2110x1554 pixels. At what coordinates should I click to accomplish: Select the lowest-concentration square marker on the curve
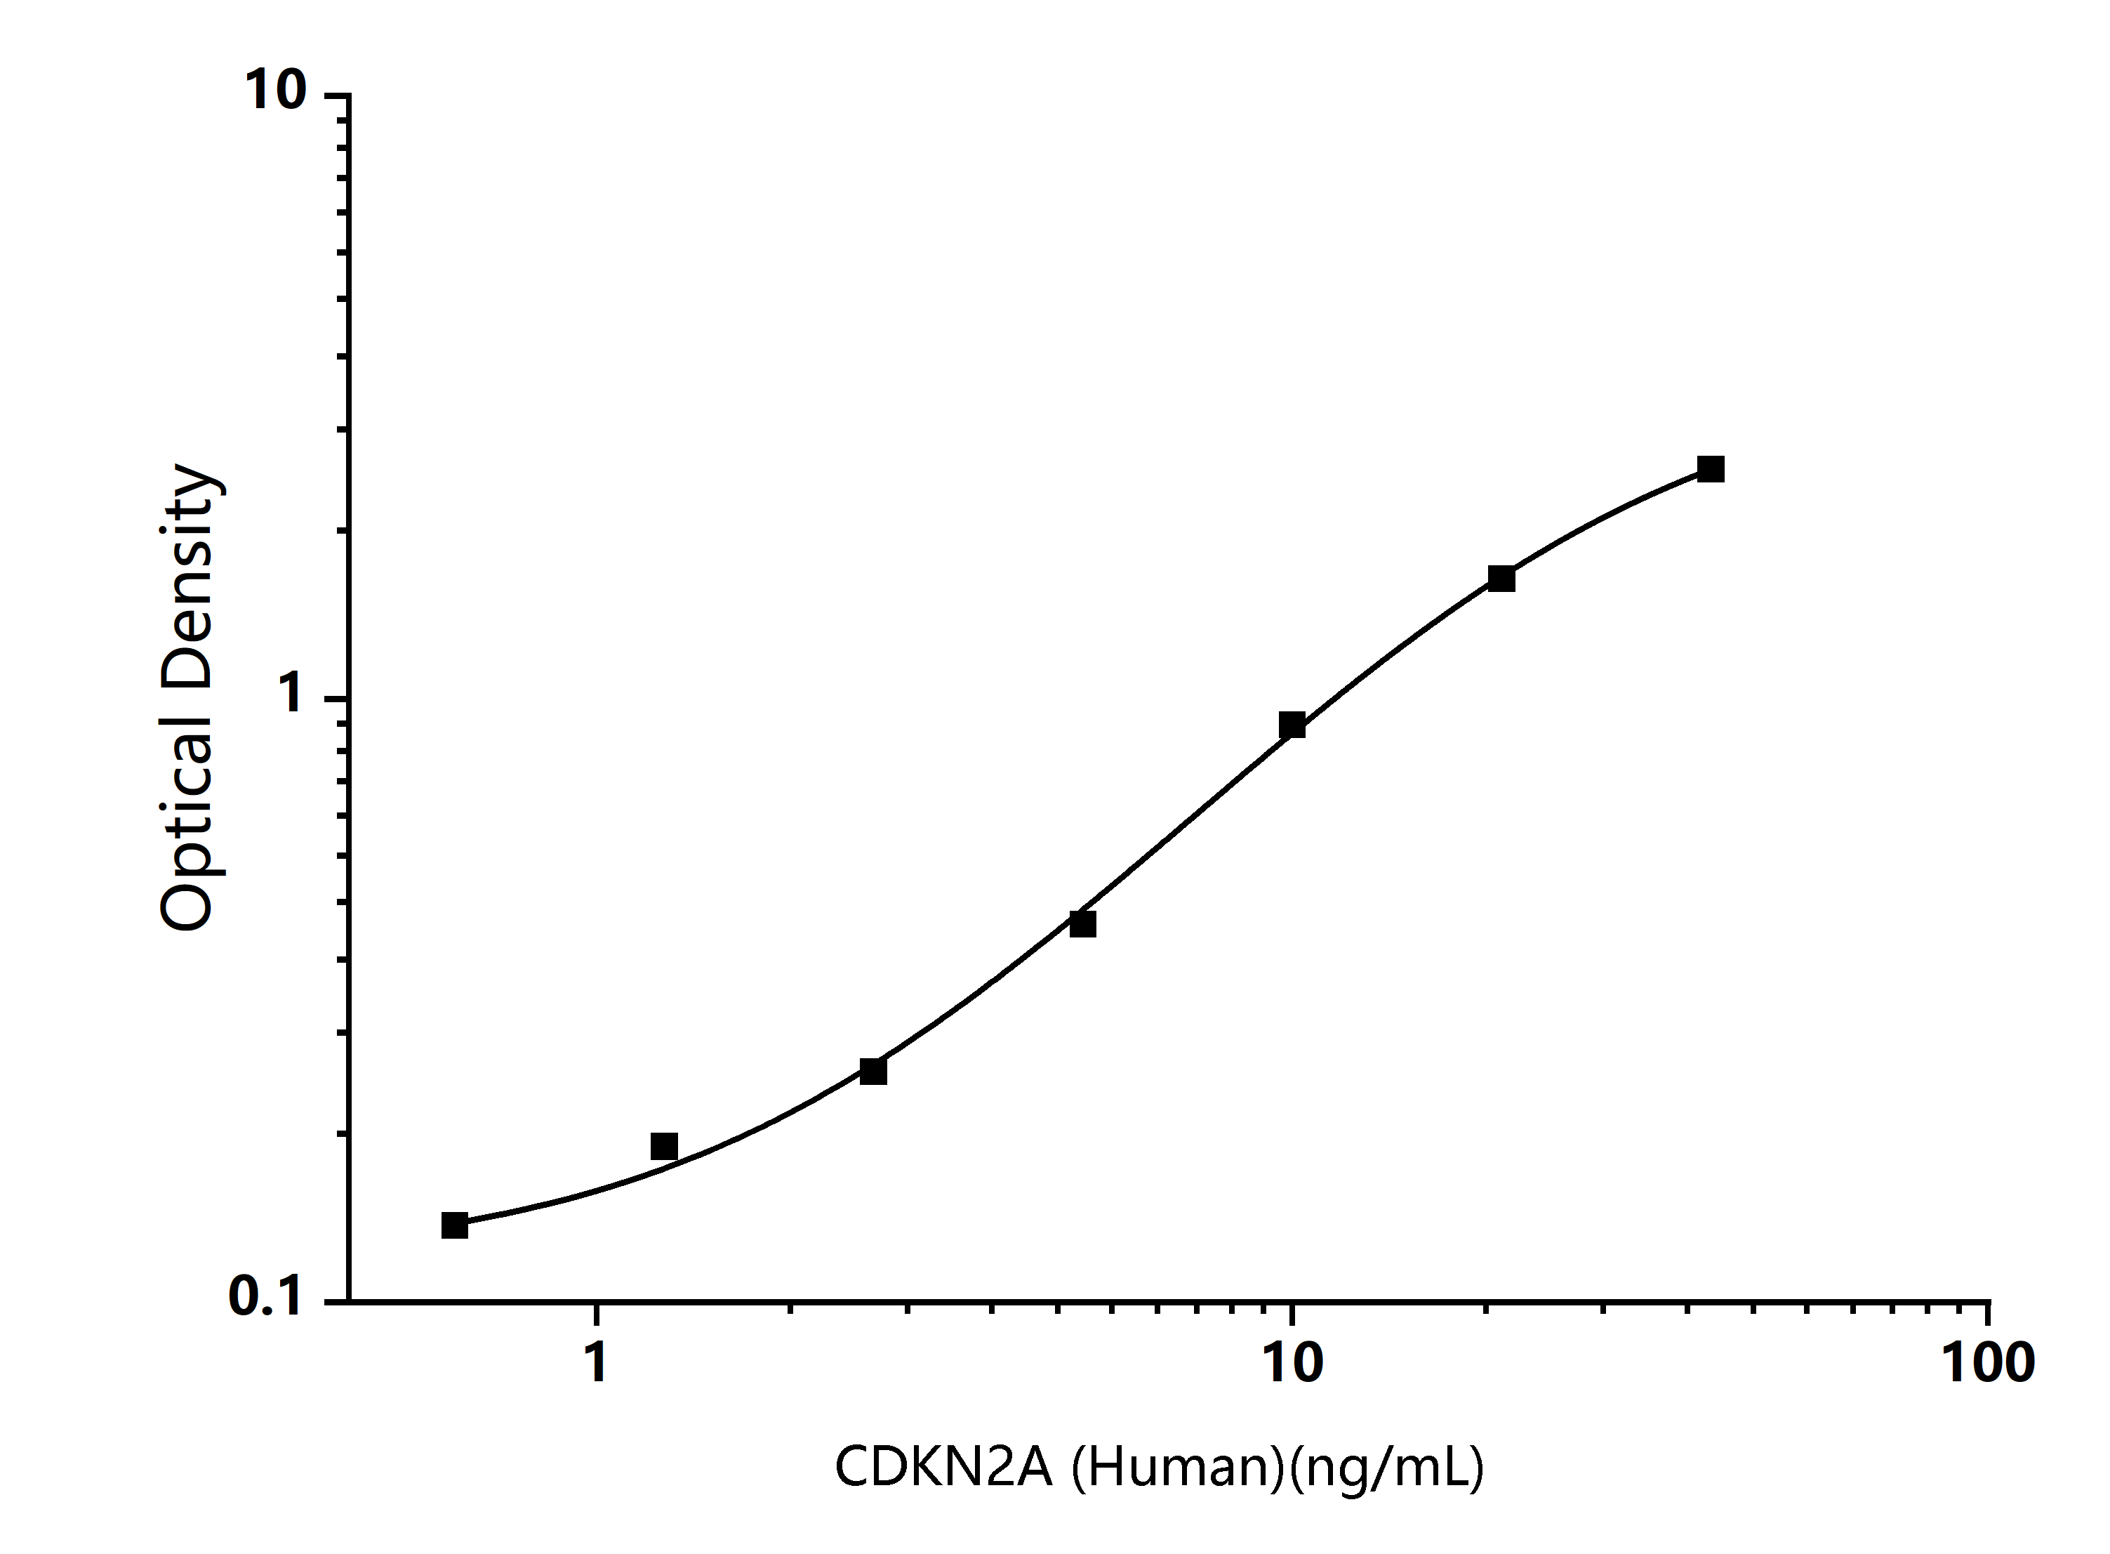click(x=455, y=1225)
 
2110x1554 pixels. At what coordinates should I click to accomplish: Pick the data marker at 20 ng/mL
click(x=1501, y=579)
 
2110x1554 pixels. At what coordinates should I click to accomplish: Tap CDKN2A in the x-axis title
click(x=943, y=1466)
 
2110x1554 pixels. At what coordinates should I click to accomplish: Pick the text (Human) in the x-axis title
click(x=1177, y=1466)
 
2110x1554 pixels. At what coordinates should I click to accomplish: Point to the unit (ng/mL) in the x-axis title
click(x=1387, y=1466)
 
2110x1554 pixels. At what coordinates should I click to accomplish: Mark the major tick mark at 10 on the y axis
click(x=337, y=95)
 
